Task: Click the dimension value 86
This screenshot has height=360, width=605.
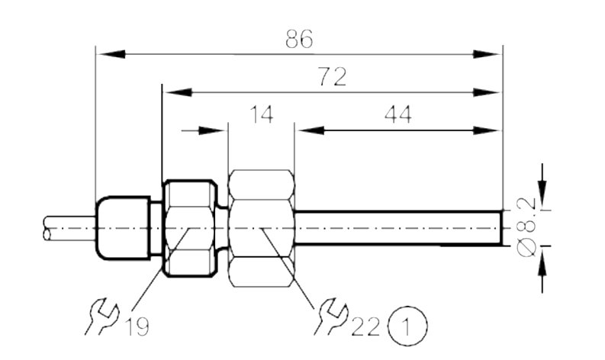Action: (x=299, y=39)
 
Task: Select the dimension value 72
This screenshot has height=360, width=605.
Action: (x=332, y=76)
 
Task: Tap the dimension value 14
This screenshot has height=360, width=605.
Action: (x=262, y=114)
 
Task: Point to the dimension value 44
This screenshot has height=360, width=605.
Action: (x=397, y=114)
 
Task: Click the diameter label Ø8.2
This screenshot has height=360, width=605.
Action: (x=526, y=227)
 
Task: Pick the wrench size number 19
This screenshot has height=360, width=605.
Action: (x=137, y=326)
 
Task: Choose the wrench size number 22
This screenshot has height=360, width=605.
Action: (x=365, y=326)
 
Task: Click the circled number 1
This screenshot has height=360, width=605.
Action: (x=408, y=325)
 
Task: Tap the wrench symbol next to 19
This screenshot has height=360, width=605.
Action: (x=102, y=316)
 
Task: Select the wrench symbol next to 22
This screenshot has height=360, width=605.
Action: (x=331, y=316)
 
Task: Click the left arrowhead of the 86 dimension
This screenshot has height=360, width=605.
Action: (x=111, y=54)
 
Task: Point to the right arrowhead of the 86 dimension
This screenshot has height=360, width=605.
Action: (x=488, y=54)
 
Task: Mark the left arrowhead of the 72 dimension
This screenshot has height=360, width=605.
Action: (x=177, y=92)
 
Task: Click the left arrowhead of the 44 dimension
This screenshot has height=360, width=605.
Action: (x=310, y=130)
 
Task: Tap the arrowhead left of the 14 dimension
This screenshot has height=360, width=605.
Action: (x=213, y=130)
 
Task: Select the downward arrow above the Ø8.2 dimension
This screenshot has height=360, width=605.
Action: (x=542, y=186)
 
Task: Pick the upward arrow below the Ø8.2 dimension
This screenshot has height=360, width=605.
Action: (x=542, y=269)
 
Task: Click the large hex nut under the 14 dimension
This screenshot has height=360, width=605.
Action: (x=261, y=228)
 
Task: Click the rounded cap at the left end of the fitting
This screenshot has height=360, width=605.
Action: (x=123, y=227)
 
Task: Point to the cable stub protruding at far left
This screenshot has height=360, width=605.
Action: (x=69, y=228)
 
